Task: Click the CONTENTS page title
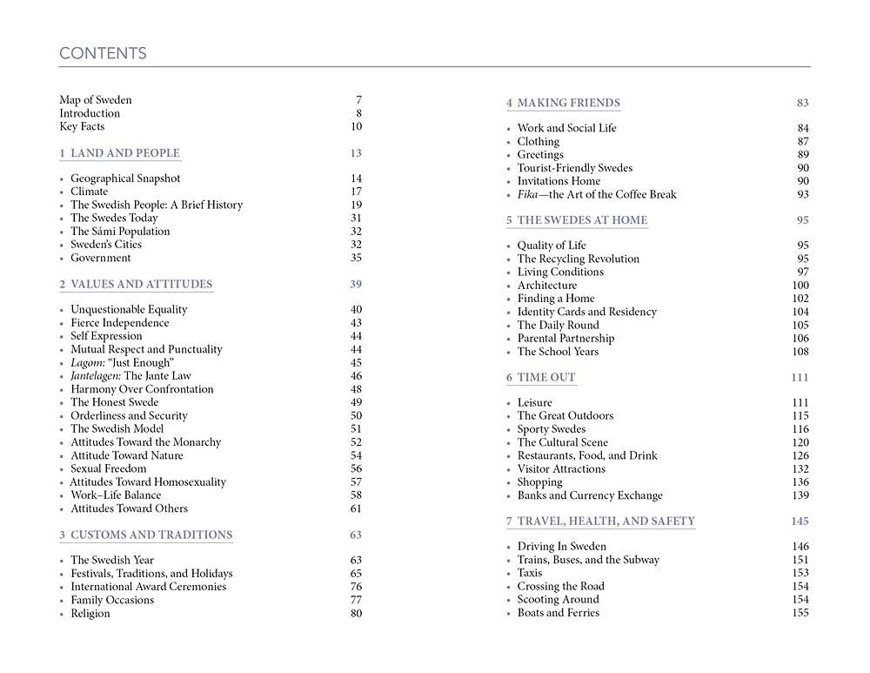[x=103, y=54]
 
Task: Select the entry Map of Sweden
[x=96, y=100]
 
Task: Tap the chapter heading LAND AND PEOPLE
[x=125, y=153]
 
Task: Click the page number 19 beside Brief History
[x=356, y=205]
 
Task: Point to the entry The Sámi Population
[x=120, y=232]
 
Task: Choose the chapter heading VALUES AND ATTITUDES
[x=141, y=285]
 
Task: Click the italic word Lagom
[x=86, y=363]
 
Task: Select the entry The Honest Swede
[x=115, y=402]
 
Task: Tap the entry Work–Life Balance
[x=116, y=495]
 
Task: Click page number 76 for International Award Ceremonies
[x=356, y=587]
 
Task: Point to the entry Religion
[x=90, y=614]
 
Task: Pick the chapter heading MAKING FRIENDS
[x=569, y=104]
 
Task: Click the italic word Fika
[x=529, y=195]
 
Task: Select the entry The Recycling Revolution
[x=579, y=259]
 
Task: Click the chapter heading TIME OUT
[x=546, y=378]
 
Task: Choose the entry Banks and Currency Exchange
[x=590, y=496]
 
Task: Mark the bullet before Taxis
[x=508, y=574]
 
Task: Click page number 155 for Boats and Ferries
[x=800, y=614]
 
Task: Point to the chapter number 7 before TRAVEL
[x=509, y=522]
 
